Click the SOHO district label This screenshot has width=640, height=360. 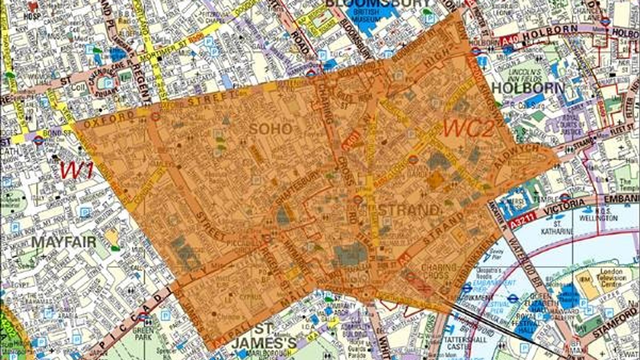point(271,129)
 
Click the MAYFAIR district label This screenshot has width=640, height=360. point(64,242)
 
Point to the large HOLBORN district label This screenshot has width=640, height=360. point(528,88)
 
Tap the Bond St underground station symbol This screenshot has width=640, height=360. point(39,139)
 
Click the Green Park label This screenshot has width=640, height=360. point(144,334)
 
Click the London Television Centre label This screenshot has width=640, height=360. point(611,278)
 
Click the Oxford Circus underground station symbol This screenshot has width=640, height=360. point(156,117)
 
